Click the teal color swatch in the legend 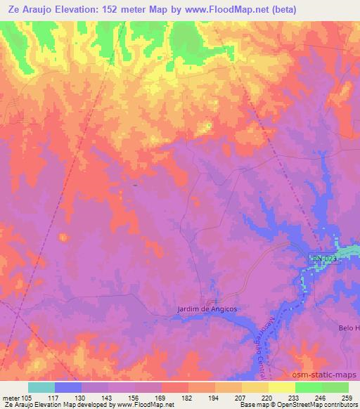[x=41, y=387]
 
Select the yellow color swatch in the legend [x=281, y=387]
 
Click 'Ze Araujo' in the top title [x=27, y=9]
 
